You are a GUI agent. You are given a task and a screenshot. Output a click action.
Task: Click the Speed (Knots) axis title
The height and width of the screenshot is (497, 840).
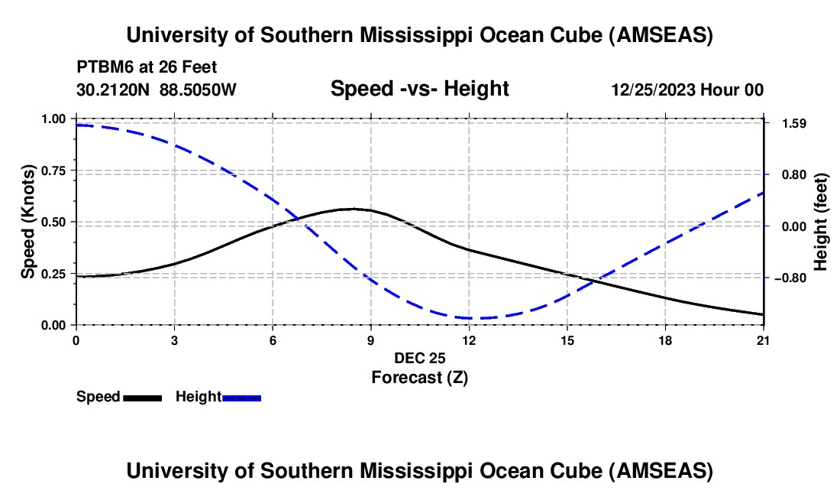(x=27, y=222)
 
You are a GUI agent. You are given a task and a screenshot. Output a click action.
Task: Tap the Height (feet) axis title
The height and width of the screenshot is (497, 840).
(x=821, y=222)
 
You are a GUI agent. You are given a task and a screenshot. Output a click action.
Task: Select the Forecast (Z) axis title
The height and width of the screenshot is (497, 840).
(x=419, y=377)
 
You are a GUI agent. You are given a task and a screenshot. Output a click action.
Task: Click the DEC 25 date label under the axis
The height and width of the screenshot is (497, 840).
(x=419, y=358)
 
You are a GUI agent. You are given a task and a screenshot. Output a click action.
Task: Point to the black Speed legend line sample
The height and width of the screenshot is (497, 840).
(x=142, y=398)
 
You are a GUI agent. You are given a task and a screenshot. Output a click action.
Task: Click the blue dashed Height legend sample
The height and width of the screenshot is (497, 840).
(x=241, y=398)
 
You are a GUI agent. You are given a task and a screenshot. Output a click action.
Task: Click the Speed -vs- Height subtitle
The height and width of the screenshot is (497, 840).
(x=419, y=89)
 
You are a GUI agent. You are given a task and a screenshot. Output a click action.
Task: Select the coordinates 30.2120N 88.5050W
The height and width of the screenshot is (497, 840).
(x=157, y=89)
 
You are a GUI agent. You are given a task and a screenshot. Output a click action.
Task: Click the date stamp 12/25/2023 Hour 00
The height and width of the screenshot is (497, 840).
(x=687, y=89)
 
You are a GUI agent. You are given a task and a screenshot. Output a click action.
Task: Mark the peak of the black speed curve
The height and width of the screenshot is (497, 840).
(x=353, y=209)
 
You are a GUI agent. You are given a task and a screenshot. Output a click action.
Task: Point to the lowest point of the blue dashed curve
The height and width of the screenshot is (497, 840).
(x=469, y=318)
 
